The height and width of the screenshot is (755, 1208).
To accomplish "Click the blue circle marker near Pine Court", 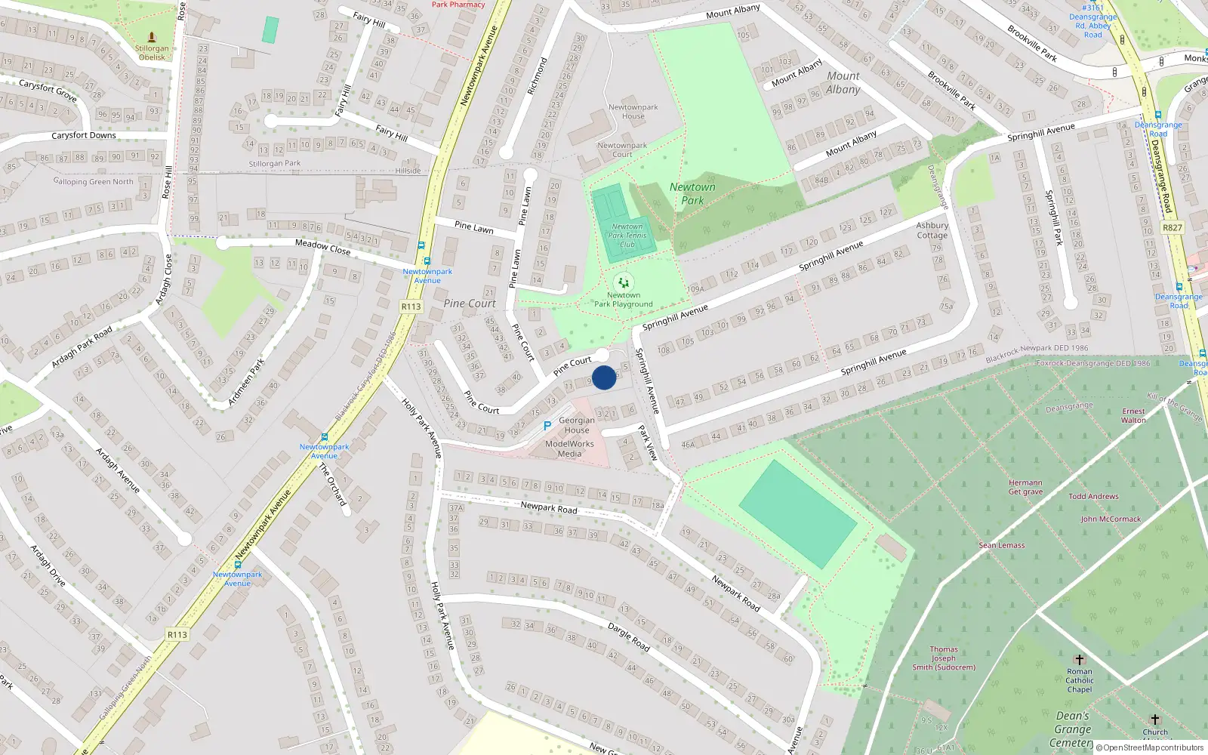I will click(604, 377).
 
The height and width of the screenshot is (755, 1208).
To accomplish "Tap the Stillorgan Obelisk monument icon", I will click(152, 37).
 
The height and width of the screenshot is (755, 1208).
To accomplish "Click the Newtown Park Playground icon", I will click(623, 282).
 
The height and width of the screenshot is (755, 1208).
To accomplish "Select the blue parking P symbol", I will click(547, 427).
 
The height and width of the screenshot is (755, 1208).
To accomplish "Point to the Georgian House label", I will click(577, 425).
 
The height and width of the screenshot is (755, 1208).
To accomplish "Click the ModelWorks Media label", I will click(569, 448).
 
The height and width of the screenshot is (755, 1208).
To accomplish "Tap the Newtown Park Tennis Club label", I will click(627, 235).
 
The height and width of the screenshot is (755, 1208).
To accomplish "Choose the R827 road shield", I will click(1172, 227).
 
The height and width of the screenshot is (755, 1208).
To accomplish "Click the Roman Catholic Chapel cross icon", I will click(1079, 660).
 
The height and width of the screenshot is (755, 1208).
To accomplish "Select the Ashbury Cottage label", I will click(932, 230).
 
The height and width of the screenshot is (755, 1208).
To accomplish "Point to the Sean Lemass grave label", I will click(1002, 545).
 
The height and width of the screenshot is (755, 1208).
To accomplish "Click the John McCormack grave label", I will click(1111, 519).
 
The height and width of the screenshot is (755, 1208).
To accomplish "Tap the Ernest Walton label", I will click(1133, 416).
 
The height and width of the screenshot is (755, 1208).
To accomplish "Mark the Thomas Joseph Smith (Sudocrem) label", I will click(944, 658).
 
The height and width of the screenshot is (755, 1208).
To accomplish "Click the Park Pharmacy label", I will click(458, 5).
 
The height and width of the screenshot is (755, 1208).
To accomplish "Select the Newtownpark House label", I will click(633, 112).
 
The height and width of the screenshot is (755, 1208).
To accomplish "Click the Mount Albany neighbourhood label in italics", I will click(843, 82).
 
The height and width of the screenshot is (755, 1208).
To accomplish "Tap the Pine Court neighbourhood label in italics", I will click(470, 304).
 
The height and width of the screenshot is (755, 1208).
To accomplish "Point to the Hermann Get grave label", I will click(1025, 487).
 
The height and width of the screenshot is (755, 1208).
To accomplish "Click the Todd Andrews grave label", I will click(1093, 496).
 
